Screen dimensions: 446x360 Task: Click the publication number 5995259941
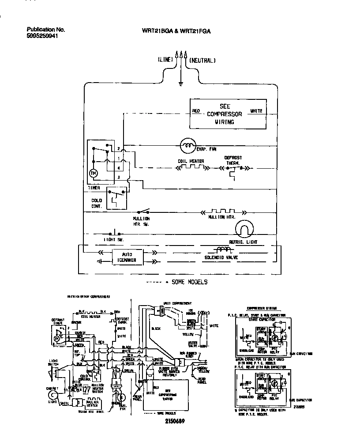pyautogui.click(x=42, y=36)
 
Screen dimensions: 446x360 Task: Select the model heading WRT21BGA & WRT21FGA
pyautogui.click(x=176, y=31)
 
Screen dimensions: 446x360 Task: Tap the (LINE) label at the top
pyautogui.click(x=165, y=60)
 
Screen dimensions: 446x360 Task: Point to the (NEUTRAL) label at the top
pyautogui.click(x=202, y=60)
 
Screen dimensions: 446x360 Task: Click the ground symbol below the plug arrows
pyautogui.click(x=181, y=83)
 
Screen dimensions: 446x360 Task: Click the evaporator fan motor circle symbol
pyautogui.click(x=188, y=144)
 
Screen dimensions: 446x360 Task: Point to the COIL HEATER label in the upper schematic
pyautogui.click(x=191, y=161)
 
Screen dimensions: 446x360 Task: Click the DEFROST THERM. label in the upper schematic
pyautogui.click(x=232, y=160)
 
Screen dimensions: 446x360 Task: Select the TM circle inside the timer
pyautogui.click(x=93, y=174)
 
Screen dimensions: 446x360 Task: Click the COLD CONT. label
pyautogui.click(x=97, y=204)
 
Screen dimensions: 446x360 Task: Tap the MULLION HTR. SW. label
pyautogui.click(x=141, y=221)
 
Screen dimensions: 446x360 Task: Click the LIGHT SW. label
pyautogui.click(x=113, y=240)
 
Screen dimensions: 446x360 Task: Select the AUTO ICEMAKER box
pyautogui.click(x=127, y=257)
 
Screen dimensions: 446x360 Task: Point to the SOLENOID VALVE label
pyautogui.click(x=222, y=257)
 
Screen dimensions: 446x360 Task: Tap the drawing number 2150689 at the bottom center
pyautogui.click(x=172, y=422)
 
